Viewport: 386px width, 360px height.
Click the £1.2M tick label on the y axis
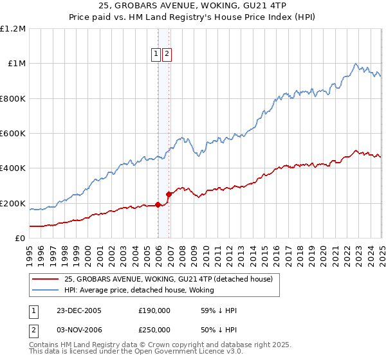point(13,29)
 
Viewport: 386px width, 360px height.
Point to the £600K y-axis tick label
point(13,134)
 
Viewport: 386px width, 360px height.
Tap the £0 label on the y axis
point(20,239)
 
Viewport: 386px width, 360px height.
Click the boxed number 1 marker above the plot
point(156,55)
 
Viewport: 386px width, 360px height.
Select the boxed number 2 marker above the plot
point(167,55)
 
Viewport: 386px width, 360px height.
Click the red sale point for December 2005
point(158,205)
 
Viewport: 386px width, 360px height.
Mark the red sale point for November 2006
point(169,194)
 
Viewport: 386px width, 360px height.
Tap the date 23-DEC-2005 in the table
point(79,310)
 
